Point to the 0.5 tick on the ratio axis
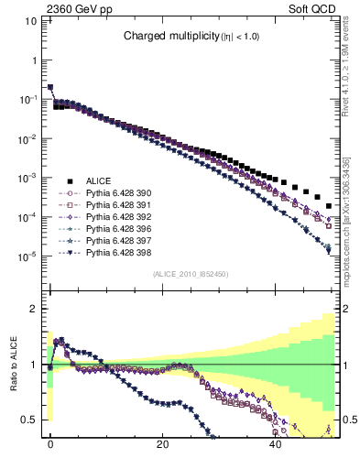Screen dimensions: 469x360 [32, 420]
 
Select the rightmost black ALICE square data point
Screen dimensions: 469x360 [329, 204]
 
